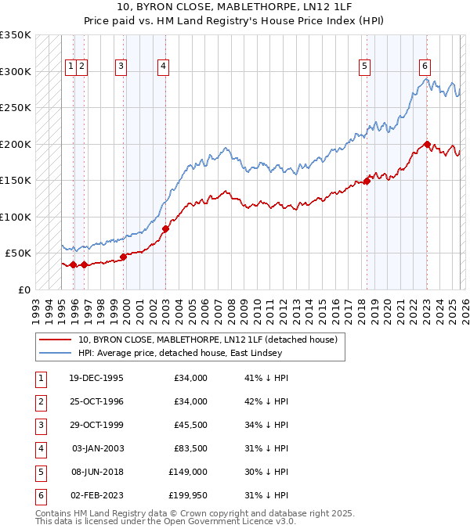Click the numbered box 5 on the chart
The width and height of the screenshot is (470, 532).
[365, 66]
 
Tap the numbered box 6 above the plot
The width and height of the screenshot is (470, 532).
[425, 66]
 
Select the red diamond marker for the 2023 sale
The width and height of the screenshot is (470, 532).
[427, 144]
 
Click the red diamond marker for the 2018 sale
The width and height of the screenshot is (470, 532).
[367, 181]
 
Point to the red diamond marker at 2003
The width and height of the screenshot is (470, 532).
[165, 228]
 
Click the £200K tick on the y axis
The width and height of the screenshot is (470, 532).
[16, 144]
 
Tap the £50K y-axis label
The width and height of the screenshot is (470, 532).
[18, 253]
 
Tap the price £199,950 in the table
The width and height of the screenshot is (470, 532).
[188, 495]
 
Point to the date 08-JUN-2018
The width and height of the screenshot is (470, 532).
[96, 472]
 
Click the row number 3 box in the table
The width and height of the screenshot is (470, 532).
[38, 425]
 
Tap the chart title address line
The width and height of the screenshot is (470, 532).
[235, 8]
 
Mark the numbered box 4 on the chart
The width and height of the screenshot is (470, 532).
[162, 66]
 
